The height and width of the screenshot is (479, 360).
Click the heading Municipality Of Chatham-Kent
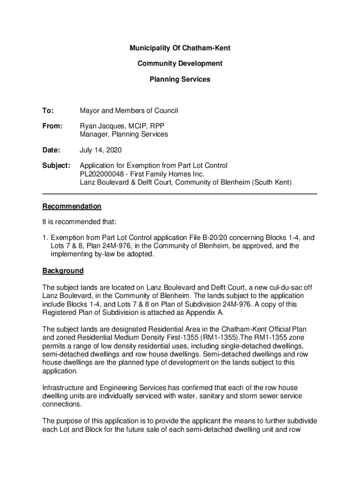[x=180, y=48]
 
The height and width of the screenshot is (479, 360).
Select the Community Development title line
[x=180, y=64]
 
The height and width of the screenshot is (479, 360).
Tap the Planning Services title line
[x=180, y=80]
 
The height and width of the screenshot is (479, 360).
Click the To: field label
[x=48, y=111]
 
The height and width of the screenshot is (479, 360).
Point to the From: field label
[x=52, y=126]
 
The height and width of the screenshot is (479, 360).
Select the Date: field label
[x=51, y=150]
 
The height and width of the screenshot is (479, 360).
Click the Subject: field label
[x=57, y=166]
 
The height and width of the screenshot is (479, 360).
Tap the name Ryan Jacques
[x=101, y=126]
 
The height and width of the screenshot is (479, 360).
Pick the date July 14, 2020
[x=101, y=150]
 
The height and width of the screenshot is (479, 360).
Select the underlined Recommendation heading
[x=72, y=206]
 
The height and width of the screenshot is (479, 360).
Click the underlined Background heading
[x=63, y=271]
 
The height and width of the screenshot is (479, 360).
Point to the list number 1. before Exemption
[x=45, y=238]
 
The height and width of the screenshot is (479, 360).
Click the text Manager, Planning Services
[x=123, y=134]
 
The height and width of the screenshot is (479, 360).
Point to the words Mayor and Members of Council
[x=129, y=111]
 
